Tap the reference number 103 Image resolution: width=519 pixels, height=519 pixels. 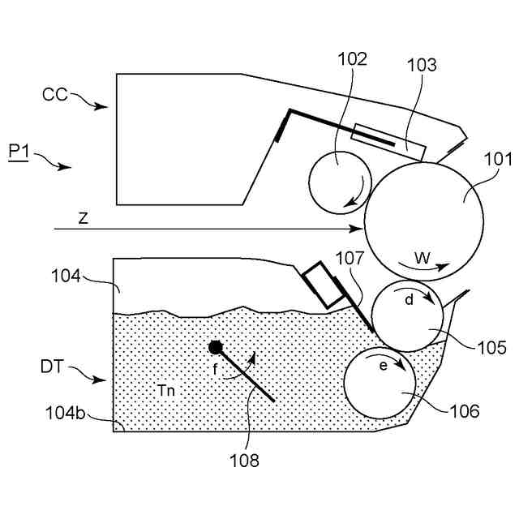tap(421, 66)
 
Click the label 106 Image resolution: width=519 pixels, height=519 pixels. tap(464, 412)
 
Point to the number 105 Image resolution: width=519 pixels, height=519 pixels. tap(491, 349)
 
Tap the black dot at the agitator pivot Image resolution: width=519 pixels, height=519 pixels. tap(216, 347)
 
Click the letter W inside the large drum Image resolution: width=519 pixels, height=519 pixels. tap(423, 258)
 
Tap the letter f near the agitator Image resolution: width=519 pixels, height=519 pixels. tap(216, 367)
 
